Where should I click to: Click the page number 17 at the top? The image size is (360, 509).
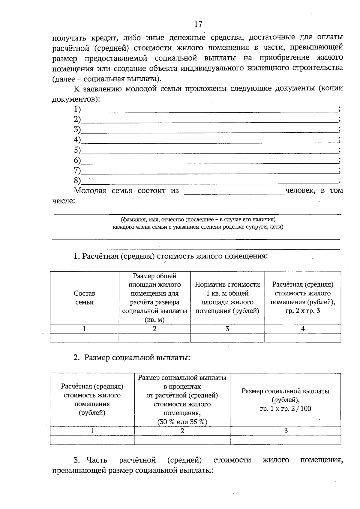[198, 24]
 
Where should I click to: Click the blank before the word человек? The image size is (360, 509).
[234, 192]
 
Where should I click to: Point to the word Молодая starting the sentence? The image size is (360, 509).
[90, 191]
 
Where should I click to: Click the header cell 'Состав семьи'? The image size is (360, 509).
[84, 298]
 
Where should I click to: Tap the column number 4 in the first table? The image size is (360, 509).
[302, 329]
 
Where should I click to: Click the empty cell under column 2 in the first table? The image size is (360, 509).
[154, 338]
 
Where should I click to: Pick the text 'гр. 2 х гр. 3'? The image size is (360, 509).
[302, 311]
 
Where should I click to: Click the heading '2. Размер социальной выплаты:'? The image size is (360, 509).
[132, 358]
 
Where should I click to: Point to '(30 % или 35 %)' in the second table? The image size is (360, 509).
[182, 422]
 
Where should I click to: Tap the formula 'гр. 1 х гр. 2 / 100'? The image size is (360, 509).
[285, 408]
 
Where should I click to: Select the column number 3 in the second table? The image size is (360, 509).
[286, 431]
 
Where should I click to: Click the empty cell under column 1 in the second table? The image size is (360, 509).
[92, 440]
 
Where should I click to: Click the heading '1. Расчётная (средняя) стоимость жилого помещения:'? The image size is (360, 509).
[170, 257]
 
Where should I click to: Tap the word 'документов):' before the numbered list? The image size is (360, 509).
[76, 99]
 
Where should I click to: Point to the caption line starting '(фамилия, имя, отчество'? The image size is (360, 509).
[198, 219]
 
